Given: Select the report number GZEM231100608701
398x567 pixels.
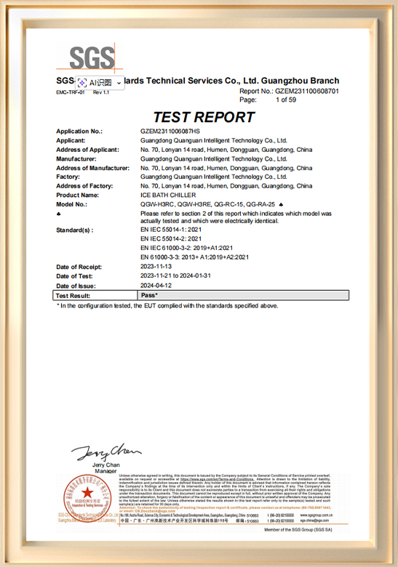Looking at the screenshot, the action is [x=307, y=92].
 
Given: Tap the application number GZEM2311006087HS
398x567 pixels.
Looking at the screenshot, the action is [x=170, y=132].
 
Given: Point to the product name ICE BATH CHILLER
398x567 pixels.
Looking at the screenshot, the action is [x=166, y=195].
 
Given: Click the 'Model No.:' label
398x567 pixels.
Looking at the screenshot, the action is [x=72, y=204].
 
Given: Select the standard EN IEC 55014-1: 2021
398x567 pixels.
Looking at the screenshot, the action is [x=171, y=230].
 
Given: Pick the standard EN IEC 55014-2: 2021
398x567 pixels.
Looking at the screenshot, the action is [x=171, y=238].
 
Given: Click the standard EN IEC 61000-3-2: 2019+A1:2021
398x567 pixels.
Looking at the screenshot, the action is [x=186, y=248].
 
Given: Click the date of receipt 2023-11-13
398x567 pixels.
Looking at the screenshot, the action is [x=157, y=268].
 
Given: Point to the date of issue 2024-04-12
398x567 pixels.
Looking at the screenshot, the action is [x=157, y=286].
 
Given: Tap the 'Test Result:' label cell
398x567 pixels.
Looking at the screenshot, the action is [x=73, y=296].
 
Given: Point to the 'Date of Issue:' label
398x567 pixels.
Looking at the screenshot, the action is [x=76, y=286].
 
